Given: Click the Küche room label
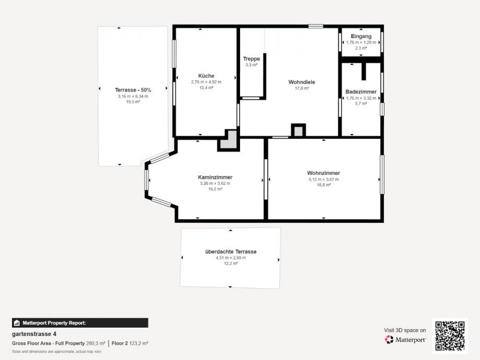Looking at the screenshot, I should pos(206,76).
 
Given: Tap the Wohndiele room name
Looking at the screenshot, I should pos(302,82).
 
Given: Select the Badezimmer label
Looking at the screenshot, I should pos(361,91).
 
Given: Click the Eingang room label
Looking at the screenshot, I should pos(361,36).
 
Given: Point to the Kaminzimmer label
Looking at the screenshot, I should pos(215,177).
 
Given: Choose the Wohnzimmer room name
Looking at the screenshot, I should pos(323,173).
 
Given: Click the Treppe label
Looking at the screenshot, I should pos(251,59).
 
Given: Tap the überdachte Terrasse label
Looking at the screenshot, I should pos(231,251).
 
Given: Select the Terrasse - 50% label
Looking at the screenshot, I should pos(133,90).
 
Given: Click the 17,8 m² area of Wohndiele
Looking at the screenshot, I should pos(302,89).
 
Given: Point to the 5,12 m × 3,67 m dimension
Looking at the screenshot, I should pos(323,179).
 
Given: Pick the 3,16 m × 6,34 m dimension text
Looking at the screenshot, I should pos(133,96).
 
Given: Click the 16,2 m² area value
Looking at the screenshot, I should pos(215,189).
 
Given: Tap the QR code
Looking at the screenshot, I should pos(450,336).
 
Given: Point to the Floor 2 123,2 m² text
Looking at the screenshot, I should pos(130,343).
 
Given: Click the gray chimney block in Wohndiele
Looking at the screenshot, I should pos(298,130).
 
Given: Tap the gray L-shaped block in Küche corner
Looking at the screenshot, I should pos(229,140).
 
